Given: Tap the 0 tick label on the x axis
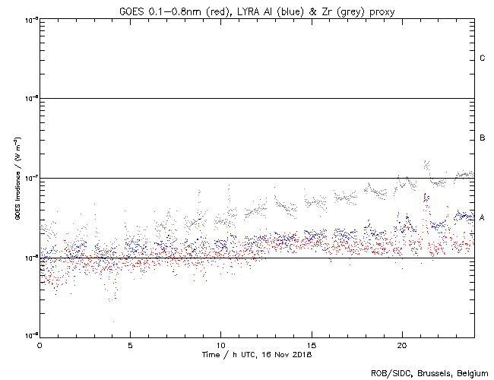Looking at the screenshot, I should coord(40,345).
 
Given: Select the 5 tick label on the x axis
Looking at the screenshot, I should coord(130,345).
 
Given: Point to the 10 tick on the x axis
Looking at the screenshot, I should coord(220,345).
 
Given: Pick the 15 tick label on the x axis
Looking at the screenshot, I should coord(311,345).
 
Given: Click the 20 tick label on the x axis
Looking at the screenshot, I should coord(401,345).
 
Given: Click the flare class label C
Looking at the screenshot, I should coord(482,59).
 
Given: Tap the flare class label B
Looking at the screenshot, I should coord(482,138).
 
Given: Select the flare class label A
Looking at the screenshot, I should coord(482,217).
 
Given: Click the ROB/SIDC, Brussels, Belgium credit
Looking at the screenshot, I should coord(429,372).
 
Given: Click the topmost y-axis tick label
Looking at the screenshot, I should coord(28,19).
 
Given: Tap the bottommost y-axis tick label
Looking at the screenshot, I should coord(28,336).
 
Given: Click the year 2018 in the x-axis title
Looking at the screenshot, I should coord(302,355).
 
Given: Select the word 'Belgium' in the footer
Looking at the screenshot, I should coord(472,372).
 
